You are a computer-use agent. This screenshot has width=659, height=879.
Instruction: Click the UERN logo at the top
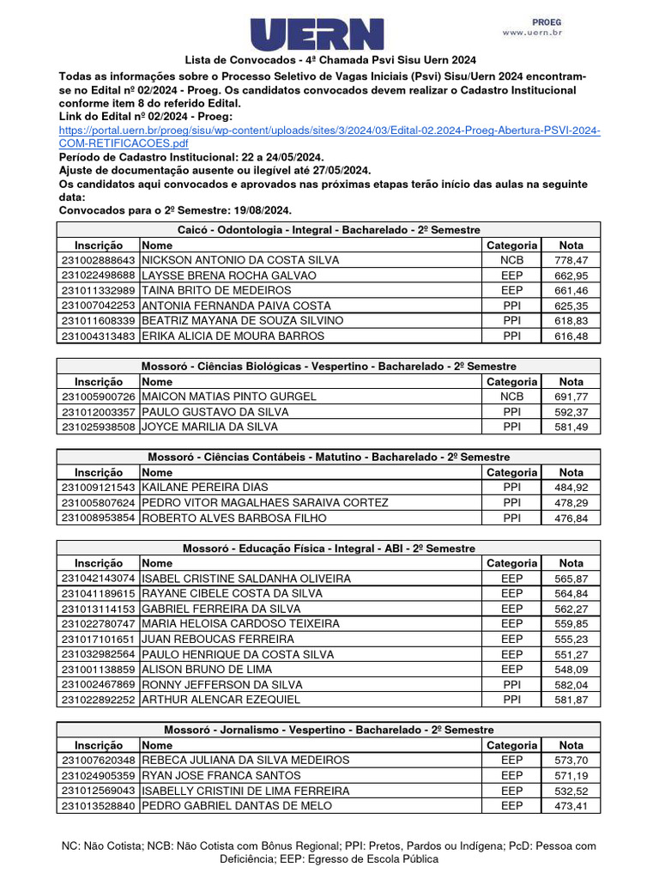(317, 33)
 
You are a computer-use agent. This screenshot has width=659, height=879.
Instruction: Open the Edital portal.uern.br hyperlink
(329, 136)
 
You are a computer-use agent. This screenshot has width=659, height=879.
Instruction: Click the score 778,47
(571, 259)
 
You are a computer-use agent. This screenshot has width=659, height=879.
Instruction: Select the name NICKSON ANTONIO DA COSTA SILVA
(240, 259)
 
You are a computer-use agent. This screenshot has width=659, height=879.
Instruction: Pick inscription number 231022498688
(99, 275)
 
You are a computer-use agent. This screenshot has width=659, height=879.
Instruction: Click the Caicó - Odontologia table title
(329, 229)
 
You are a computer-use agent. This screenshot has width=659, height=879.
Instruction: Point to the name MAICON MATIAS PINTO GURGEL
(229, 397)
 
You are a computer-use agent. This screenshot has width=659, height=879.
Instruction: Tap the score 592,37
(571, 411)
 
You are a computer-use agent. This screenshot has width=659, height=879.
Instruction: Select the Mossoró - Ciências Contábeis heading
(329, 457)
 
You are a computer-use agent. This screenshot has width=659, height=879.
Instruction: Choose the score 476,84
(571, 518)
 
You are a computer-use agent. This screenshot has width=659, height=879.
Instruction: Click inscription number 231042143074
(99, 579)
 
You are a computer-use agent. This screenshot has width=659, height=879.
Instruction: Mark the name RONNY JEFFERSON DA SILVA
(220, 684)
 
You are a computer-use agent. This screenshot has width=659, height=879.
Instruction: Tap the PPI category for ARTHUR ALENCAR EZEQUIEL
(511, 700)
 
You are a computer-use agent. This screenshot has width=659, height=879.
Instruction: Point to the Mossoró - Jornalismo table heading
(329, 730)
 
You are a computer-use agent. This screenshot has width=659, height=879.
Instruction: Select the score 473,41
(571, 806)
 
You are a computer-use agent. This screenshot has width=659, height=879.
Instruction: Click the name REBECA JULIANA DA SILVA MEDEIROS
(245, 760)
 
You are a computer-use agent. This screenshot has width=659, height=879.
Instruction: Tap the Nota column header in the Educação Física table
(571, 563)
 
